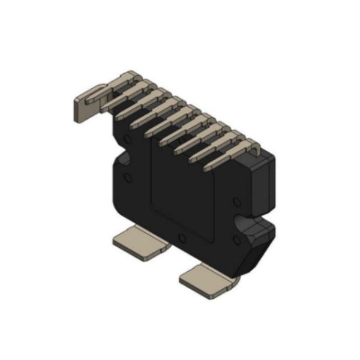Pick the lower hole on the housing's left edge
click(127, 178)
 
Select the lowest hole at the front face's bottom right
click(236, 241)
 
